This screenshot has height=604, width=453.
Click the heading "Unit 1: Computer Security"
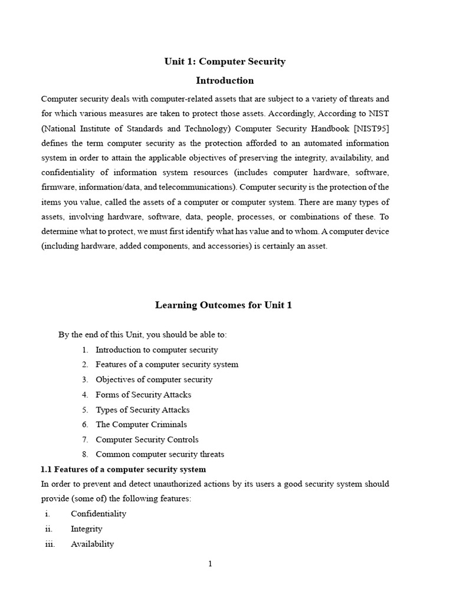pyautogui.click(x=224, y=61)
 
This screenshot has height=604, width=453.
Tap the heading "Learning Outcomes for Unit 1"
pyautogui.click(x=224, y=305)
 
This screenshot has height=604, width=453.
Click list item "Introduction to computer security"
pyautogui.click(x=157, y=350)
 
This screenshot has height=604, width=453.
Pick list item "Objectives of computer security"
pyautogui.click(x=154, y=379)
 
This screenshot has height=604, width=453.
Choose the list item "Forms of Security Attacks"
pyautogui.click(x=143, y=395)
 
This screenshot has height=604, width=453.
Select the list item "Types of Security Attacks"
pyautogui.click(x=143, y=409)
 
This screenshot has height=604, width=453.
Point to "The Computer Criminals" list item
pyautogui.click(x=141, y=424)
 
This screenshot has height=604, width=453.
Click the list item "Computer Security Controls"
pyautogui.click(x=147, y=439)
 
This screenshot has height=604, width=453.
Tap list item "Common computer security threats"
pyautogui.click(x=160, y=454)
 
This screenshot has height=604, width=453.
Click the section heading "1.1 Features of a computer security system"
pyautogui.click(x=123, y=470)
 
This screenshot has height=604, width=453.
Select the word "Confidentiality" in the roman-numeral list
pyautogui.click(x=99, y=514)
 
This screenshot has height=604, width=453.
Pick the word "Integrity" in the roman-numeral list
pyautogui.click(x=87, y=529)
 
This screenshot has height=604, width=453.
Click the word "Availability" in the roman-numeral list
pyautogui.click(x=93, y=544)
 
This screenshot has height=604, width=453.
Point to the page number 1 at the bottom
pyautogui.click(x=210, y=564)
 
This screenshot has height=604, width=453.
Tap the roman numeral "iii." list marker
pyautogui.click(x=50, y=544)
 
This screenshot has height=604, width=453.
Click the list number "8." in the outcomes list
pyautogui.click(x=85, y=454)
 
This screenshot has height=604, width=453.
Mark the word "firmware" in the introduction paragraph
pyautogui.click(x=57, y=188)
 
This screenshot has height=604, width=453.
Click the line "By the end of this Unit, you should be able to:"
pyautogui.click(x=142, y=334)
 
